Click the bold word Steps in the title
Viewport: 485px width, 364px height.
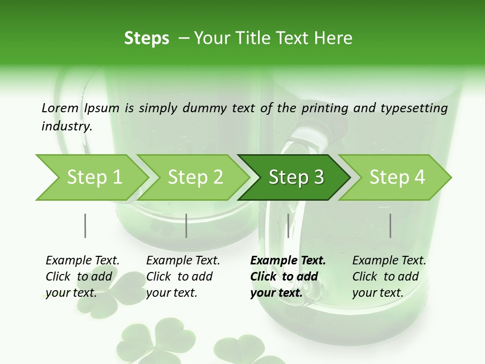[147, 38]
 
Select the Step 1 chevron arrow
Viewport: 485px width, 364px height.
[91, 177]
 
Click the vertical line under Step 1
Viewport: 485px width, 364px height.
[85, 225]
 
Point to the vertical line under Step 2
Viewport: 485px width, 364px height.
[186, 225]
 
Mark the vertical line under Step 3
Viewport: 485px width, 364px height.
[288, 225]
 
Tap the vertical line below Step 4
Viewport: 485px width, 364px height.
[390, 225]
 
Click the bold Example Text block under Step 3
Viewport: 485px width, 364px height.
[288, 277]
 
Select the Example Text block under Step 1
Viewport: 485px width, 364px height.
[82, 277]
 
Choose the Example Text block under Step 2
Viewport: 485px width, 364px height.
[183, 277]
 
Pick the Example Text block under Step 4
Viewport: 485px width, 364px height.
[389, 277]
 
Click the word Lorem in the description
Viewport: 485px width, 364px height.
[60, 108]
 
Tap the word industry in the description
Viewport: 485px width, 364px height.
[67, 126]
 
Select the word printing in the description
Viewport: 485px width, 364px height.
[322, 108]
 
